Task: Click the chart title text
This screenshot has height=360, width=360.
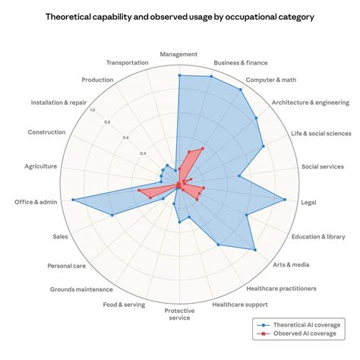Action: click(x=180, y=17)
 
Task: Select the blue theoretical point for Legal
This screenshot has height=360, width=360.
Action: click(x=285, y=200)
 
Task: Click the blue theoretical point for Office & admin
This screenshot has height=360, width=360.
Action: click(x=73, y=200)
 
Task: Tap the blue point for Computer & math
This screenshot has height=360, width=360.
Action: click(x=241, y=90)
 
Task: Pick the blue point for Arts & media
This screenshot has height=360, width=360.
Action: click(x=255, y=250)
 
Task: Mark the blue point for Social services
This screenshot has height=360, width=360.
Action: click(x=239, y=175)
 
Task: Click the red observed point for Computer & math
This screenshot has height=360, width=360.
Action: click(x=203, y=148)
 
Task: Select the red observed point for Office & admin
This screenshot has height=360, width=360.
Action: click(x=138, y=190)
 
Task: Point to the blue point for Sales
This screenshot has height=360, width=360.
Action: click(x=112, y=215)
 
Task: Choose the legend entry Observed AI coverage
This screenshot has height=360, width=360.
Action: click(x=297, y=333)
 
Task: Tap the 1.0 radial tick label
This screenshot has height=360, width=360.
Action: click(x=93, y=110)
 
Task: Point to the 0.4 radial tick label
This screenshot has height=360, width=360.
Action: click(x=143, y=153)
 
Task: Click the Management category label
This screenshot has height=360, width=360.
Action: click(x=178, y=54)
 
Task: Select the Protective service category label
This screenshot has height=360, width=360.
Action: click(x=179, y=314)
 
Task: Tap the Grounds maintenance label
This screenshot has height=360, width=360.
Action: click(x=81, y=289)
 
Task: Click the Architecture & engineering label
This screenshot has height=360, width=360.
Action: click(x=311, y=103)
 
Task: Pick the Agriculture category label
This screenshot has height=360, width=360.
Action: click(x=41, y=166)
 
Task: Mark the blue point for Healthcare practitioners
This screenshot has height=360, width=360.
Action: click(x=219, y=245)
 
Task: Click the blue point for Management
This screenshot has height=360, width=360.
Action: click(x=179, y=75)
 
